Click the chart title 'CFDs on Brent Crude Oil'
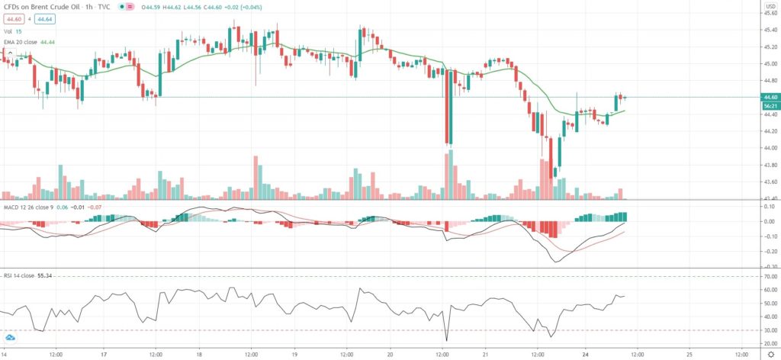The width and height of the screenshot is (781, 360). [x=40, y=8]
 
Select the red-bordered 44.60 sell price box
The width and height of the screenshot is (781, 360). [x=11, y=19]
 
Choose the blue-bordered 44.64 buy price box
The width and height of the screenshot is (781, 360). [x=43, y=19]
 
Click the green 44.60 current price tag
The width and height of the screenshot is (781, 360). [x=770, y=97]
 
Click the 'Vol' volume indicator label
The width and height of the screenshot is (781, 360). [x=8, y=31]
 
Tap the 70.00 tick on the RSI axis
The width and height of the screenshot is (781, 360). [x=770, y=276]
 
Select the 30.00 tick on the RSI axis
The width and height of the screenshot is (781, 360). [x=770, y=330]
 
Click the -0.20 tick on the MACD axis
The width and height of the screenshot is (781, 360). [x=770, y=252]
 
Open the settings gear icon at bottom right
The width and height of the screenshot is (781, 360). [x=769, y=355]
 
